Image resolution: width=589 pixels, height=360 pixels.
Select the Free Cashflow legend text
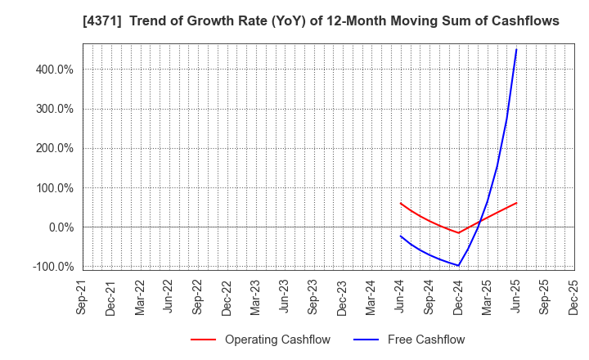(x=427, y=340)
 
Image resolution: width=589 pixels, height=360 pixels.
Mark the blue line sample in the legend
(x=365, y=340)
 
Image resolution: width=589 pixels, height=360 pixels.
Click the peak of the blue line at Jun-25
(x=516, y=49)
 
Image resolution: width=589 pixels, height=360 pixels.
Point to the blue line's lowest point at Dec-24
(x=458, y=265)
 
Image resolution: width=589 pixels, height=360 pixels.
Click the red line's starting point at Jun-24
(x=401, y=203)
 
